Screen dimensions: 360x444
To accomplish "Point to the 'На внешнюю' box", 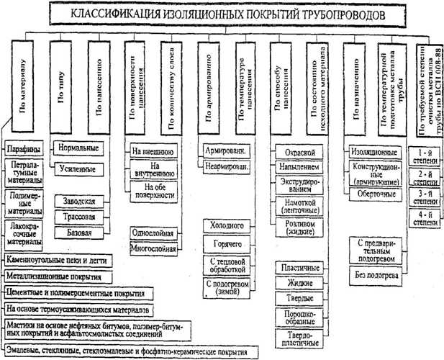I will (x=153, y=152).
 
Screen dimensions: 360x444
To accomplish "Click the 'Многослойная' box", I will (x=153, y=248).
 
